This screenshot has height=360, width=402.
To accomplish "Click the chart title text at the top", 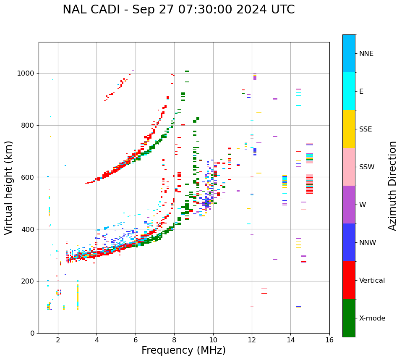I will tap(178, 10).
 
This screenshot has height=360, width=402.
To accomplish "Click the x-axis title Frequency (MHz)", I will tap(183, 350).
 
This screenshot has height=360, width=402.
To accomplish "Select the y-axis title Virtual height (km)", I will tap(9, 188).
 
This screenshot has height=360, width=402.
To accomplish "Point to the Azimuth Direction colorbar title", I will tap(392, 186).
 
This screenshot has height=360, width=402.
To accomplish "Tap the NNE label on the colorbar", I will tap(366, 54).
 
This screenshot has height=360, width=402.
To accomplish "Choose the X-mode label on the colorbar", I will tap(372, 318).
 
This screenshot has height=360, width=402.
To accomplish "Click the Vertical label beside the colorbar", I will tap(372, 281).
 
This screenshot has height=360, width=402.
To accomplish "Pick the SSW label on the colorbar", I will tap(367, 167).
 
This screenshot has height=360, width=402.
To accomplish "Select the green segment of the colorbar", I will tap(349, 318).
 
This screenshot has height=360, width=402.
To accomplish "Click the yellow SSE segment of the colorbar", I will tap(349, 129).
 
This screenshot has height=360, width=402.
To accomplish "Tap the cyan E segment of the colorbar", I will tap(349, 91).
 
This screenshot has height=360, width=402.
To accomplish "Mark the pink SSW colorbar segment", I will tap(349, 167).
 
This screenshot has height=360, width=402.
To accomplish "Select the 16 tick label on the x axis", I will tap(329, 340).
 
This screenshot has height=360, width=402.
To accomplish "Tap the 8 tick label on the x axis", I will tap(174, 340).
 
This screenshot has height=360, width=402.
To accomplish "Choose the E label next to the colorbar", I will tap(361, 92).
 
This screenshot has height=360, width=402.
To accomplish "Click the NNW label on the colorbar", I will tap(368, 243).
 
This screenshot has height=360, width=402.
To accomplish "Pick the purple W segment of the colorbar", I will tap(349, 205).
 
